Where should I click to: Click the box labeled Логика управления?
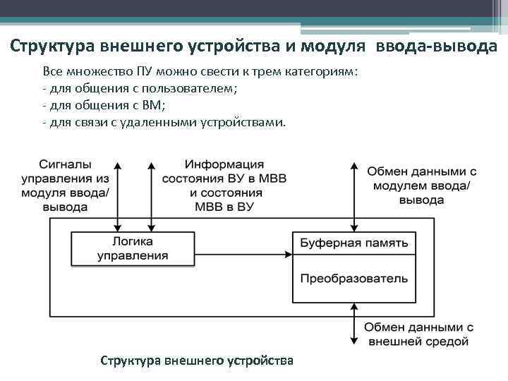click(x=133, y=248)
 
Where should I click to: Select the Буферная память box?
click(x=353, y=243)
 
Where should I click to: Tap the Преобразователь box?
click(x=353, y=278)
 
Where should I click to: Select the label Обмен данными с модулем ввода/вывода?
click(x=421, y=186)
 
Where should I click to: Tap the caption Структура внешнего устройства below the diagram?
click(x=197, y=361)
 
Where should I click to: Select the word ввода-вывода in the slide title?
click(x=436, y=47)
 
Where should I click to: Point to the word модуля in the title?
click(x=334, y=47)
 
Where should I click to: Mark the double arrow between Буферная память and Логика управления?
click(x=244, y=243)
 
